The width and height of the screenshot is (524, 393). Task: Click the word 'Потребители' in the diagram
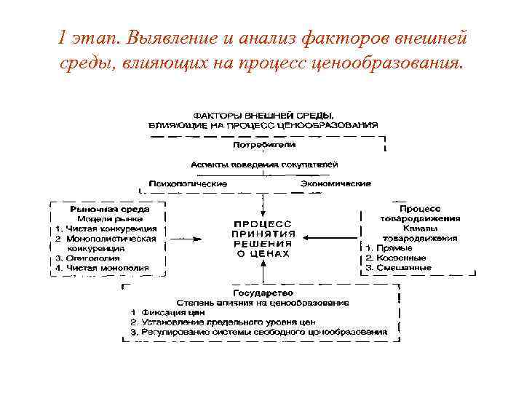coord(263,145)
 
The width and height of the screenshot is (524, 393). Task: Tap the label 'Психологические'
coord(188,183)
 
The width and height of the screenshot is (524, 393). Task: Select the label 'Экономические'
coord(336,183)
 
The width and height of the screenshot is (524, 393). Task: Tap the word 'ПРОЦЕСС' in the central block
coord(263,223)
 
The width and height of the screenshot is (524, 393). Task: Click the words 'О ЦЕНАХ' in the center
coord(263,254)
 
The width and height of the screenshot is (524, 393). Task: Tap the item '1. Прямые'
coord(388,248)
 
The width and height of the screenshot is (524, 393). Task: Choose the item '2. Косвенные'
coord(396,258)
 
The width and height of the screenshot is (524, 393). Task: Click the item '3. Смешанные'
coord(398,268)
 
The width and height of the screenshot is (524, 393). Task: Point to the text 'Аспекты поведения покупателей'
coord(263,164)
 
